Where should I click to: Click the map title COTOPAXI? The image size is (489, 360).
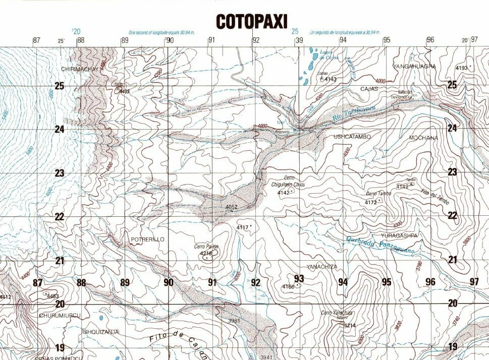click(251, 21)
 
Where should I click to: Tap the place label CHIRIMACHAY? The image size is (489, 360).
click(78, 69)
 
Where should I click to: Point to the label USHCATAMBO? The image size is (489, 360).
click(352, 137)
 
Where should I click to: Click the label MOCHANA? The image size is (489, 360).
click(423, 137)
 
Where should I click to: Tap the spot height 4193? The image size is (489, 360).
click(461, 68)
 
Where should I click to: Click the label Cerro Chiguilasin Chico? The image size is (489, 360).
click(289, 182)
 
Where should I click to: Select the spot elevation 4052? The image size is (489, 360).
click(231, 207)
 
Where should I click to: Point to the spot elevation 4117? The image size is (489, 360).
click(243, 228)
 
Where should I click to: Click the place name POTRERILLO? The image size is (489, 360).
click(147, 239)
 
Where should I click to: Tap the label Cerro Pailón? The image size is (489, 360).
click(206, 247)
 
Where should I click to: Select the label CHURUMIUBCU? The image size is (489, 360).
click(60, 315)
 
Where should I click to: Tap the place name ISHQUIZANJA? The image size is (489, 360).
click(100, 331)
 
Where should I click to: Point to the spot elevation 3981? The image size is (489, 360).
click(234, 321)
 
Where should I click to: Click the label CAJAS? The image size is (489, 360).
click(369, 89)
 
